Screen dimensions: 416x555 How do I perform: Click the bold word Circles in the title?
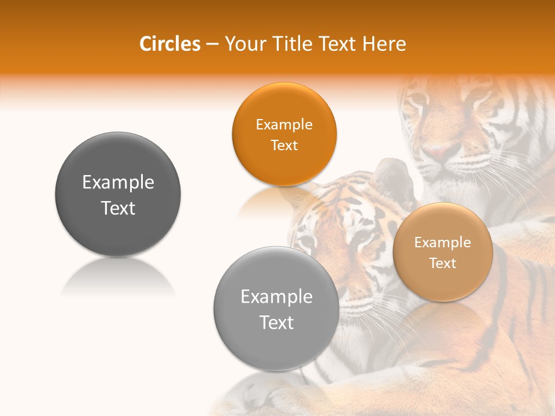tap(169, 44)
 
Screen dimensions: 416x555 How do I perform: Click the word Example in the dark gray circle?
tap(118, 183)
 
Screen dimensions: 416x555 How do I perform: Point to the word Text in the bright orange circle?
tap(284, 145)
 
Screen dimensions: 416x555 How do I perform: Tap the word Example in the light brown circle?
tap(443, 243)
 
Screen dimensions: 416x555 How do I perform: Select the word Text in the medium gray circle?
tap(276, 322)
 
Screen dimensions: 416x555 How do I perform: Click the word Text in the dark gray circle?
tap(118, 208)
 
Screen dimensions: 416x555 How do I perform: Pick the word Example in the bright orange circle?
tap(284, 125)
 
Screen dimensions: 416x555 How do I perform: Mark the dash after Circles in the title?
tap(212, 44)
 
